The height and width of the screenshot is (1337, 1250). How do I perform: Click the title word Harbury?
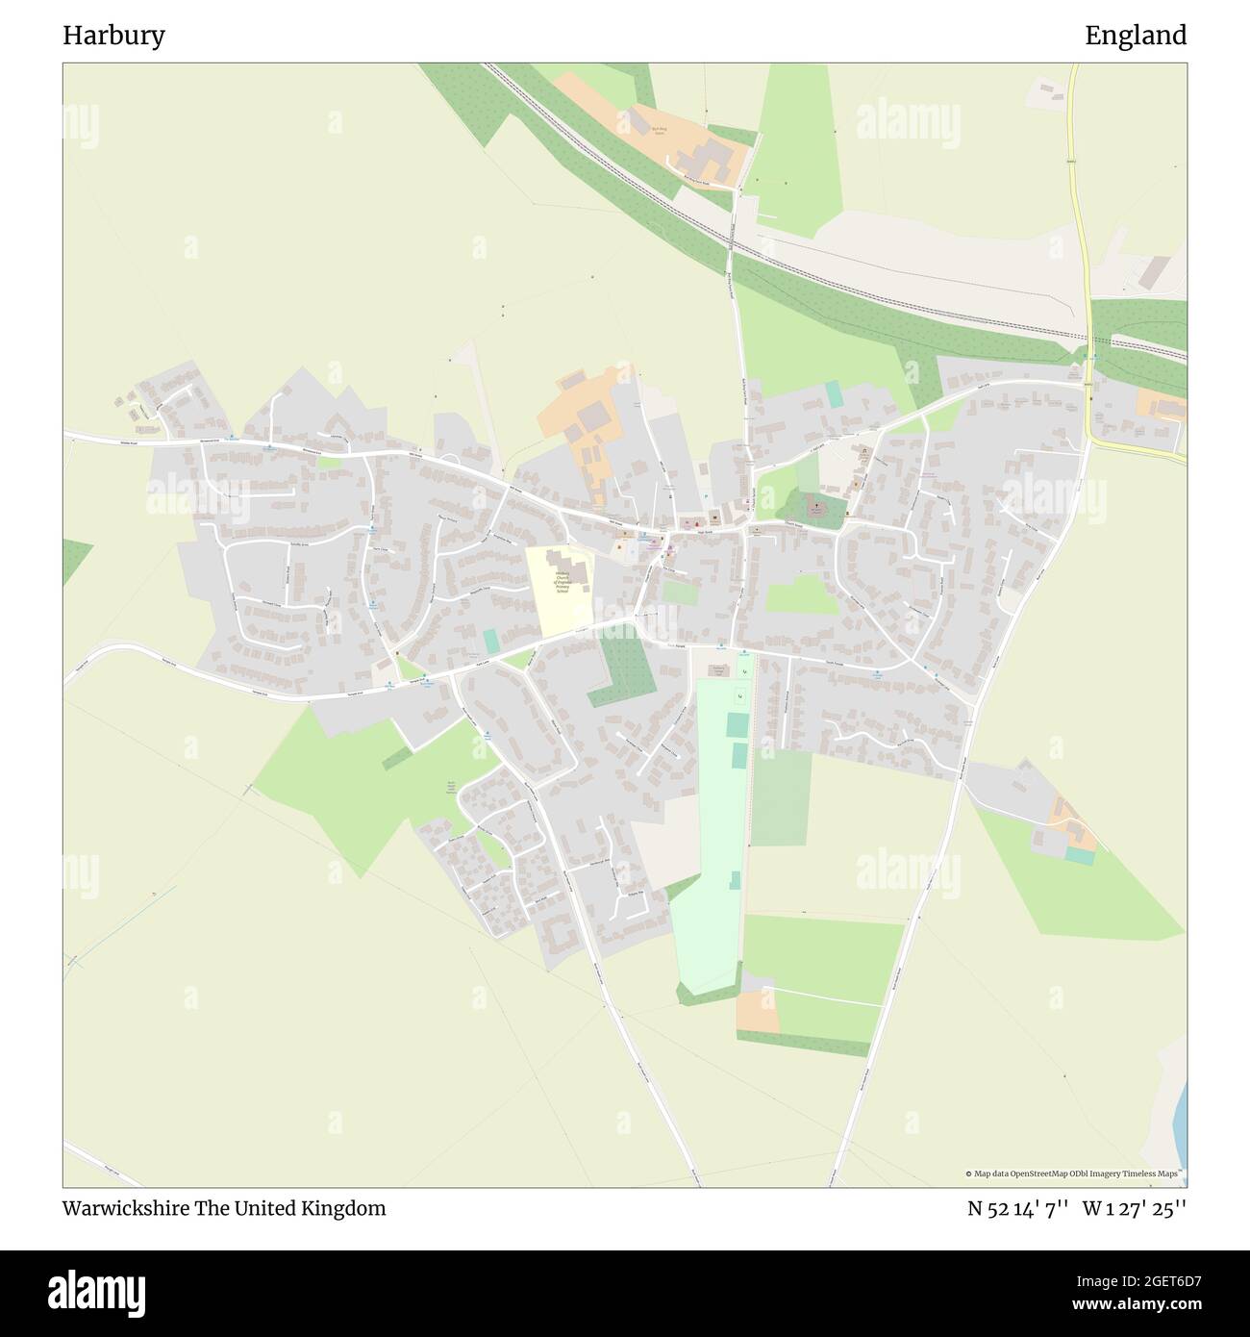(x=113, y=36)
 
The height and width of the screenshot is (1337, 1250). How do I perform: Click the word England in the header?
(x=1136, y=36)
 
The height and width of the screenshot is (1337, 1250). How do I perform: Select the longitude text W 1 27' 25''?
(x=1135, y=1209)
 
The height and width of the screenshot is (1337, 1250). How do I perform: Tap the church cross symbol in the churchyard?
(x=816, y=504)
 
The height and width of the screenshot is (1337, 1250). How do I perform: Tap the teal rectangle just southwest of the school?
(x=491, y=641)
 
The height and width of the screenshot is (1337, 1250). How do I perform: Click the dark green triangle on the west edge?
(x=75, y=560)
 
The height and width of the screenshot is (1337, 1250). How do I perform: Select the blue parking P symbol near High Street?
(x=707, y=497)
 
